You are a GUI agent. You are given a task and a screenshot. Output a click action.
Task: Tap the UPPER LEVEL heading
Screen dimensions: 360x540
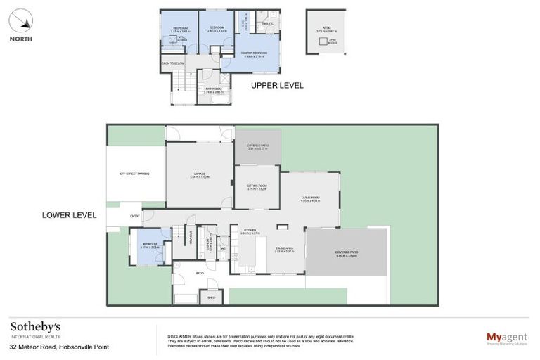(277, 86)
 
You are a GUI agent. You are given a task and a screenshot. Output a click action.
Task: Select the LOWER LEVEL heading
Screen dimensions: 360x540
(68, 214)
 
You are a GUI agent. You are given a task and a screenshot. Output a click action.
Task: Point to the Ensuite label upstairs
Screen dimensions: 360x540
(266, 23)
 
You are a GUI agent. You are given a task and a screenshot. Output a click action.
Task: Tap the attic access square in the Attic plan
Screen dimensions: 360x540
(327, 41)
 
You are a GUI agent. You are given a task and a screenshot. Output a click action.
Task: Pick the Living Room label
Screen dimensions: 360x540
(310, 199)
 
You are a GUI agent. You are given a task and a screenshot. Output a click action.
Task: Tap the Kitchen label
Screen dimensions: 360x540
(252, 231)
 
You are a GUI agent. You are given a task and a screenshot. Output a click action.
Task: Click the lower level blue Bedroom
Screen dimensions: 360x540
(150, 247)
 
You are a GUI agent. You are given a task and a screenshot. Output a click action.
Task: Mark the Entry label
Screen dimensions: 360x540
(134, 216)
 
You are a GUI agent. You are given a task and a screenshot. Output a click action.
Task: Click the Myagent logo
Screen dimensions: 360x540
(507, 338)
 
